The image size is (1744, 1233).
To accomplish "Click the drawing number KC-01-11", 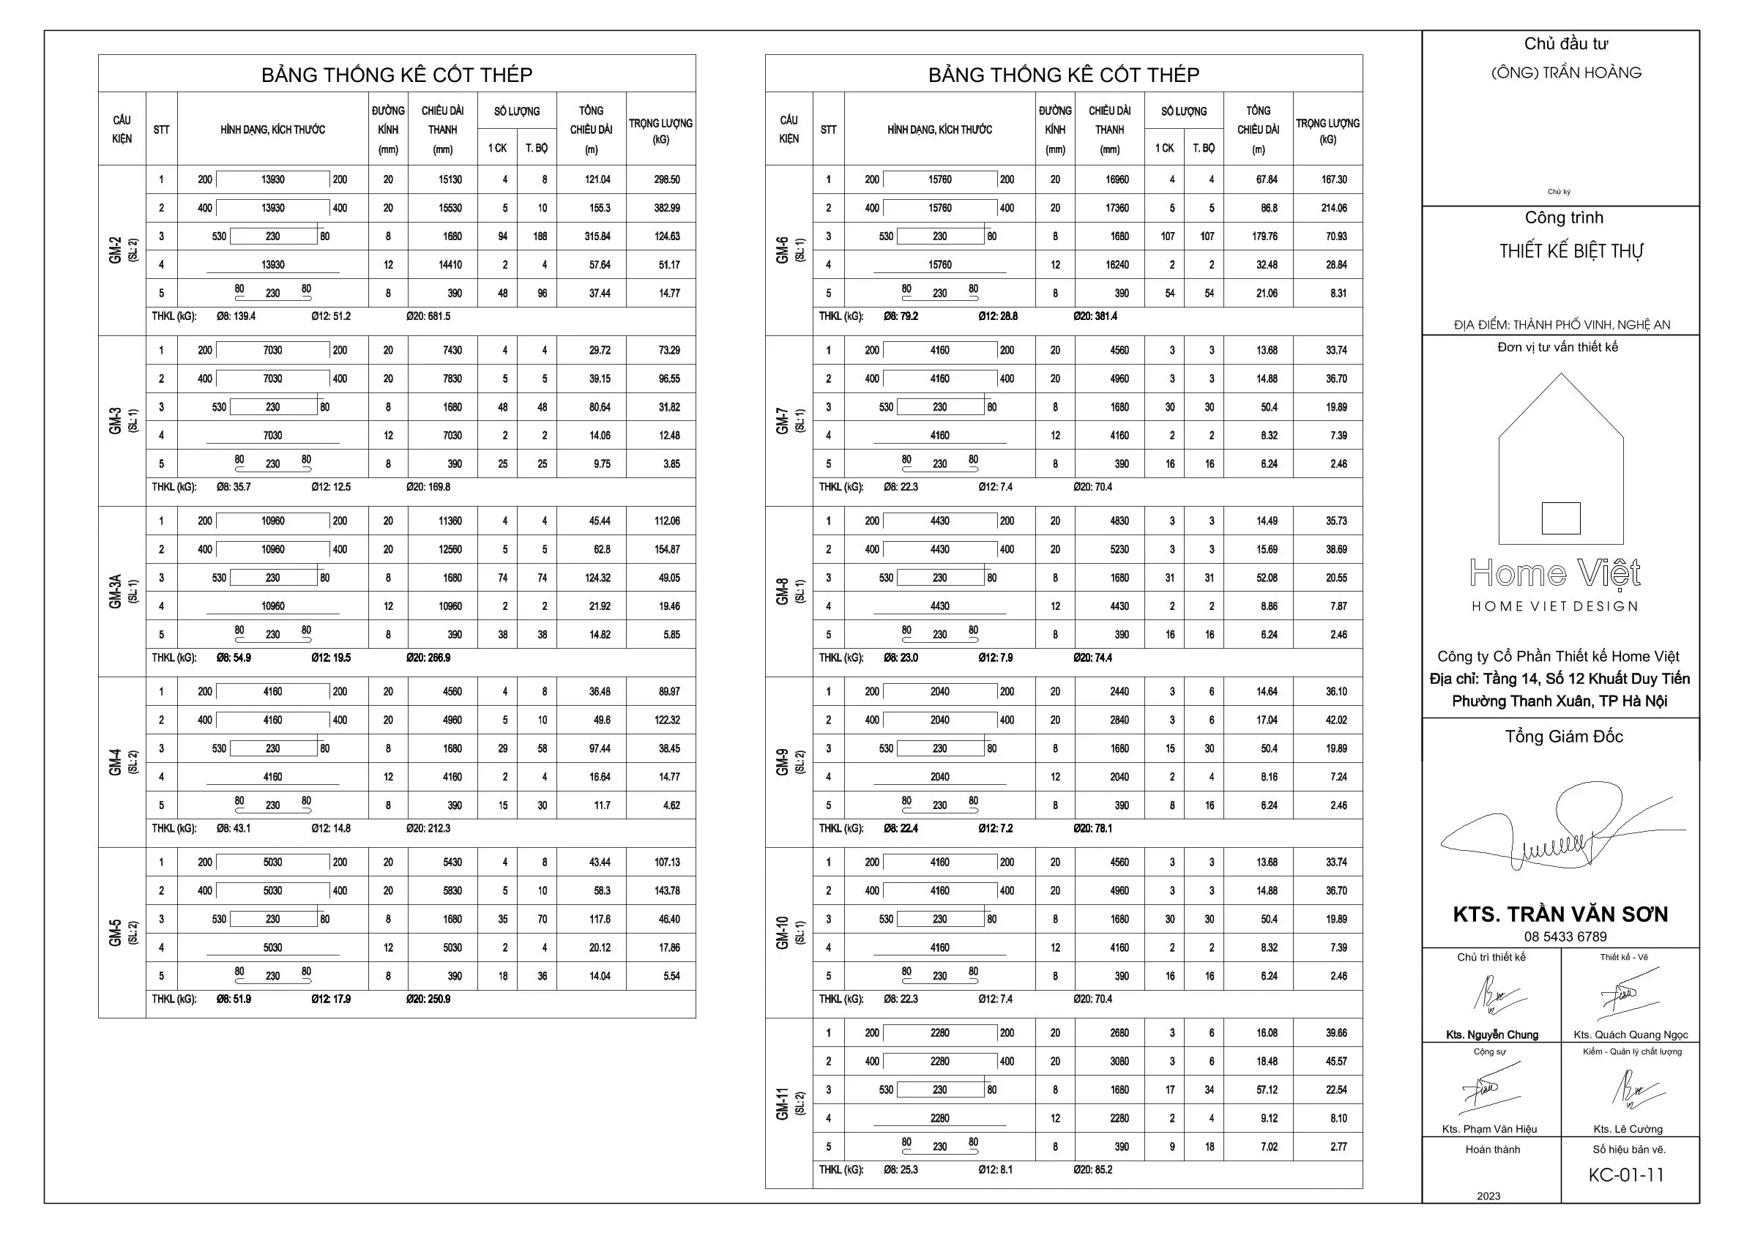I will point(1625,1174).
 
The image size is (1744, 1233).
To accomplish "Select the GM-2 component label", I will point(116,250).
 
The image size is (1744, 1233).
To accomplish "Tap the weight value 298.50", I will point(667,180).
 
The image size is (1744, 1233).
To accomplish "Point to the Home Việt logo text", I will point(1555,573).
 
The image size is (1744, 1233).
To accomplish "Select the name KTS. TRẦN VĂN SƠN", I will point(1560,914).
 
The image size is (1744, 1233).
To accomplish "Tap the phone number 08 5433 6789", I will point(1565,936).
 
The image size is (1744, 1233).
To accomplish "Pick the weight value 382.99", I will point(667,208).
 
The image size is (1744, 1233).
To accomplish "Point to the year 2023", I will point(1488,1196).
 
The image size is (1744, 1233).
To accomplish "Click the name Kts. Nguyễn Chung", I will point(1492,1035).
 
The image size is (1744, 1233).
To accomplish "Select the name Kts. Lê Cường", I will point(1628,1129).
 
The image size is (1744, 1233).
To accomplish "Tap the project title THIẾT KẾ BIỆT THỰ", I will point(1570,251).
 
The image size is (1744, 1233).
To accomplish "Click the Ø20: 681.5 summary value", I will point(428,316).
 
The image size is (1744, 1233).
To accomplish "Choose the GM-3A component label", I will point(116,591).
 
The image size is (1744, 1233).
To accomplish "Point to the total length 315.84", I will point(597,236).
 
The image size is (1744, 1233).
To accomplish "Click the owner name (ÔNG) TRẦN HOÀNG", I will point(1565,73).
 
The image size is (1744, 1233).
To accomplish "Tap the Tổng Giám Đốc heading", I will point(1564,736).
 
